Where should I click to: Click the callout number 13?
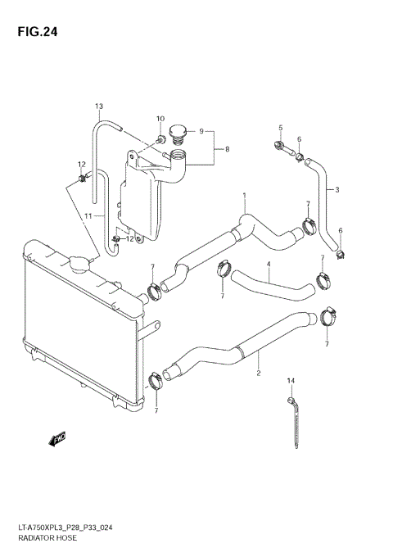[99, 106]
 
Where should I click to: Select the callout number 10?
[160, 120]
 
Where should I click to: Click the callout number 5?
[279, 128]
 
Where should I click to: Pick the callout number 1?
[244, 195]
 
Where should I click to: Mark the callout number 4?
[268, 265]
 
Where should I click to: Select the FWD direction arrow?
[57, 441]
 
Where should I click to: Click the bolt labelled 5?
[280, 147]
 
